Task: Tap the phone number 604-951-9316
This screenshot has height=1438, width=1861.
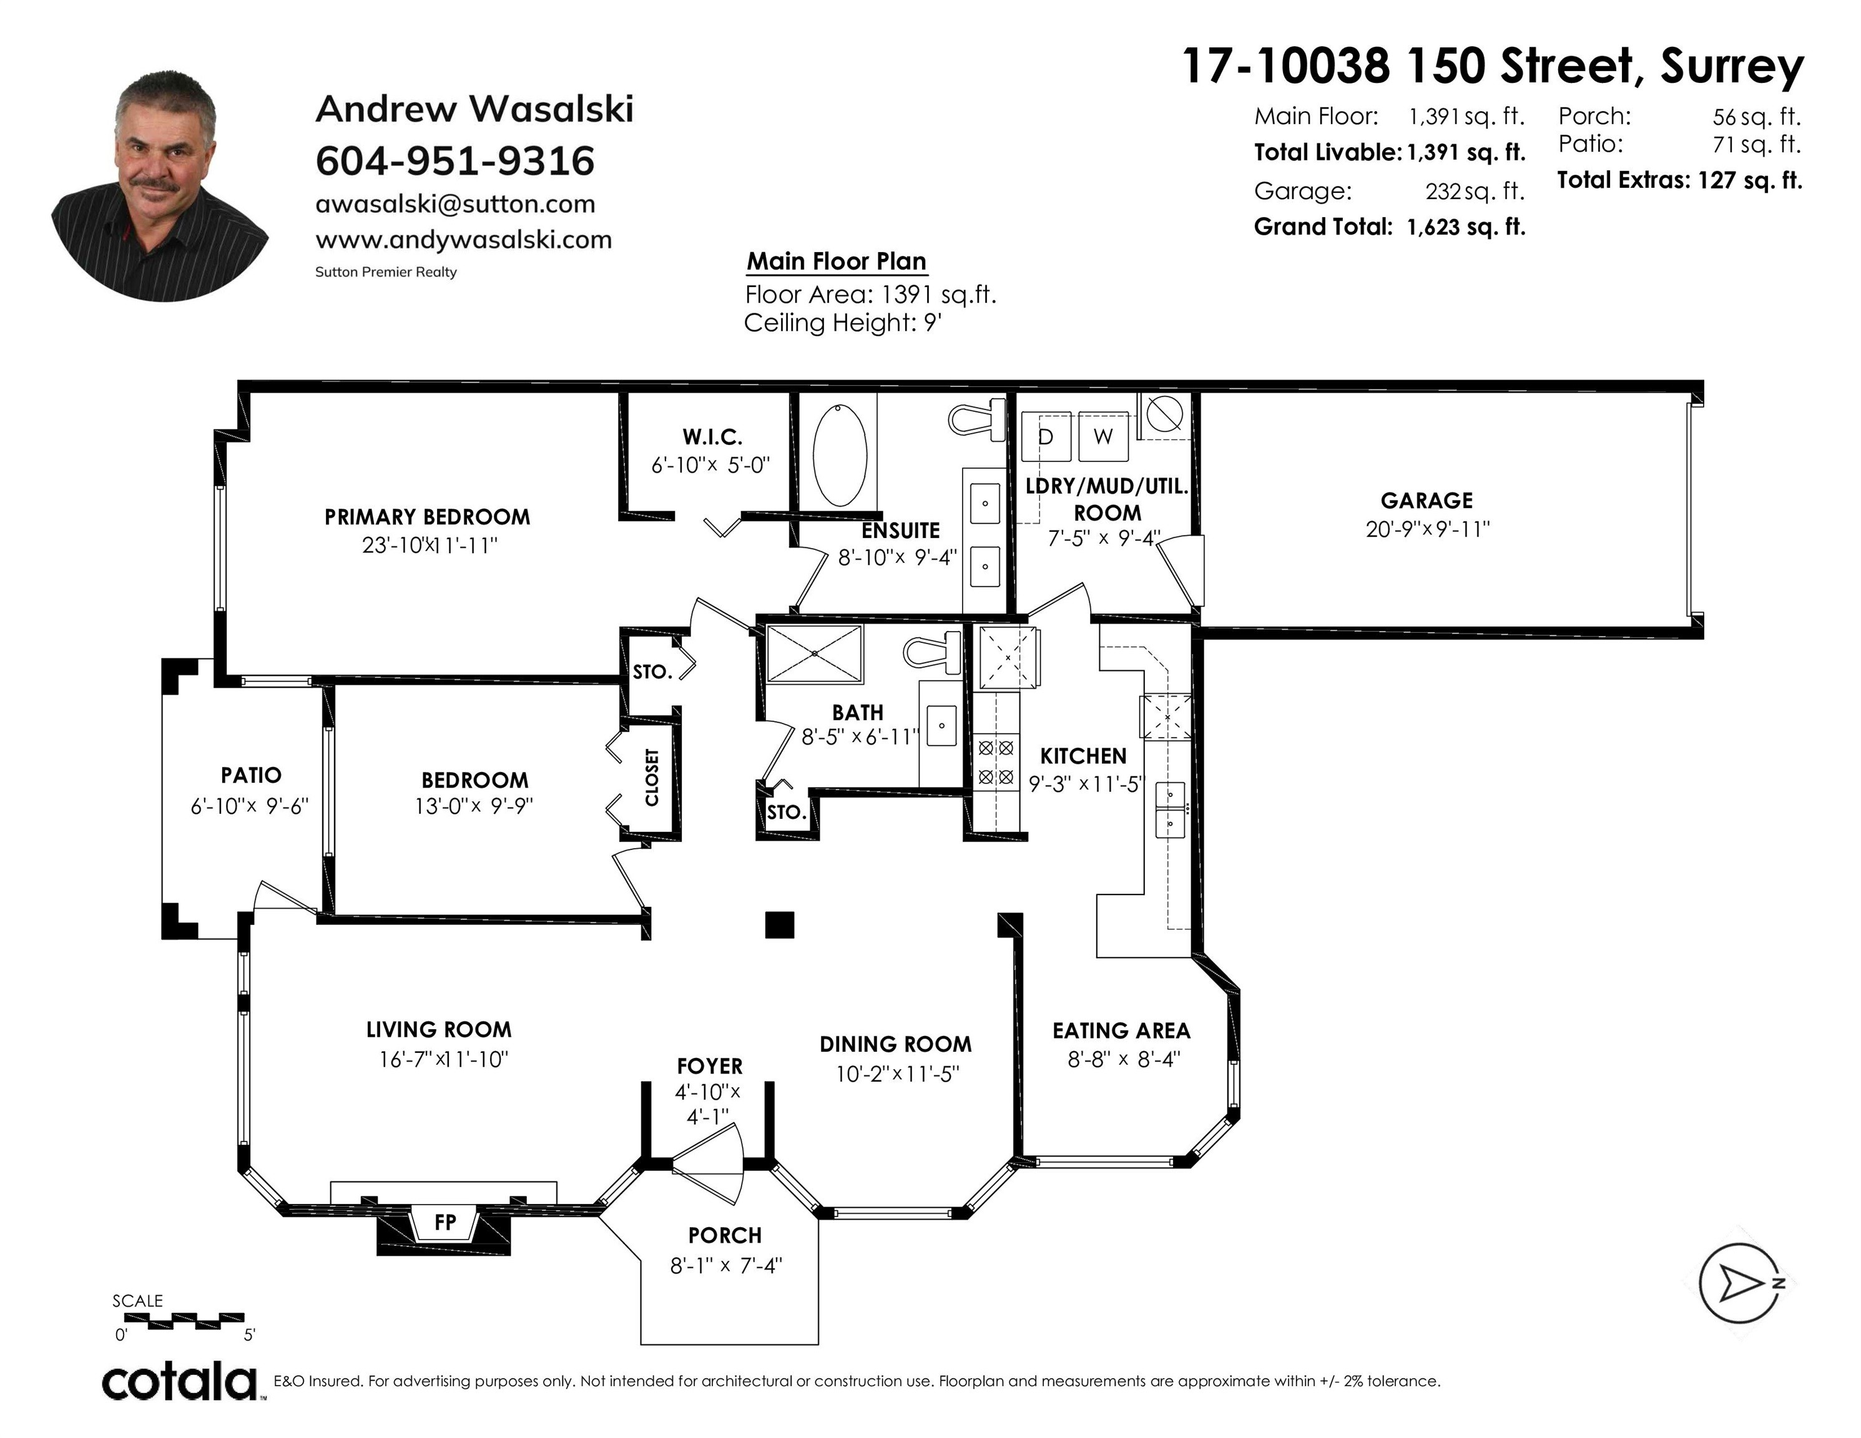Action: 455,161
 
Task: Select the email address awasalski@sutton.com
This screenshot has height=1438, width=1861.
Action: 455,205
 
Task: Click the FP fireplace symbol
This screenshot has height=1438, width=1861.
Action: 444,1223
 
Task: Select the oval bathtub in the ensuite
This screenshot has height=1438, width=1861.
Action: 840,457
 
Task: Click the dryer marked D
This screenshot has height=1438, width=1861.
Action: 1046,436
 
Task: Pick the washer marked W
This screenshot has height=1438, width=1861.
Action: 1102,436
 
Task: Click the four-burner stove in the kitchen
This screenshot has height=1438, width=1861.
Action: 996,763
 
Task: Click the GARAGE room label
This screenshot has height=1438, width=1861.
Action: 1426,500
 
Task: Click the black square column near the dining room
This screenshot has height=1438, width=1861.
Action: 779,924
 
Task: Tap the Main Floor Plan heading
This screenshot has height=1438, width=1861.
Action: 836,262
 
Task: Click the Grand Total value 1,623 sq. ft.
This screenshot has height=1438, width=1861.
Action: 1466,227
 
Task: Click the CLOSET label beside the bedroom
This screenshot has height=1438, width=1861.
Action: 652,777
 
